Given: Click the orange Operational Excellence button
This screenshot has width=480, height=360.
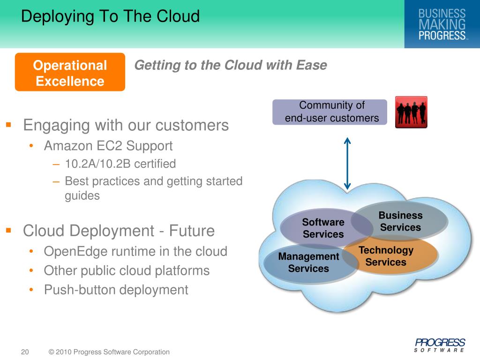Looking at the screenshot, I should tap(70, 73).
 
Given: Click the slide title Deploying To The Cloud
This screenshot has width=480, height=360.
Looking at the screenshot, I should tap(111, 16).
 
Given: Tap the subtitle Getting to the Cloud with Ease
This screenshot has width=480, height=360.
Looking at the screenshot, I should tap(230, 65).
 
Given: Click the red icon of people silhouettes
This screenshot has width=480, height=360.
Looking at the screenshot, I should tap(411, 112).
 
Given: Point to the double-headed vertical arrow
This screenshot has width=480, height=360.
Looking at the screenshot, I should tap(347, 163).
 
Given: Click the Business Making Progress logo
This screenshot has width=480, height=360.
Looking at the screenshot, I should tap(442, 24).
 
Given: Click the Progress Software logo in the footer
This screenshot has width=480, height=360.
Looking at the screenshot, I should tap(439, 345).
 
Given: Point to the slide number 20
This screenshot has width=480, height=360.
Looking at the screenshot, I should tap(25, 352).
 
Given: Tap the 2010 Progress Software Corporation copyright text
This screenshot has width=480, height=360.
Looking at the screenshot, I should tap(109, 352).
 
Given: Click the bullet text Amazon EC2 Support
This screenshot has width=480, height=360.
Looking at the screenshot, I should tap(108, 146).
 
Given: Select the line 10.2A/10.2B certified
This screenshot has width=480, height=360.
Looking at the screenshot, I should tap(120, 164).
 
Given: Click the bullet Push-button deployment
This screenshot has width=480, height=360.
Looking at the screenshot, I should tap(116, 290).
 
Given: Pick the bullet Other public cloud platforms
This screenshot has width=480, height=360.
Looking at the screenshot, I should tap(127, 270).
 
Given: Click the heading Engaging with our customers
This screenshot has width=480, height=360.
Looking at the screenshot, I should tap(126, 125).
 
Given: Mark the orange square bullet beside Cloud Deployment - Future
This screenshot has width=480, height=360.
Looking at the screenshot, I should tap(8, 230).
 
